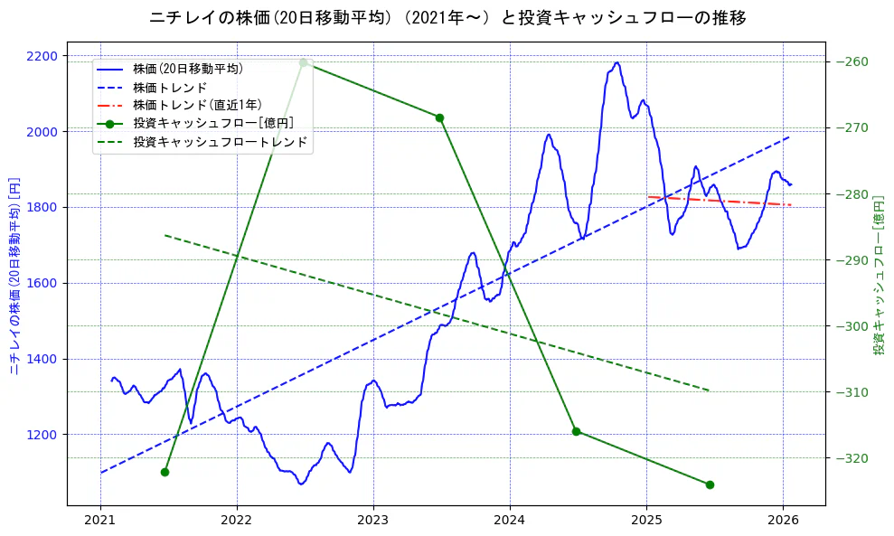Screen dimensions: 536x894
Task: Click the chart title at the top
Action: pyautogui.click(x=447, y=17)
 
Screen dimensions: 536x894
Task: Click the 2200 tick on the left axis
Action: pyautogui.click(x=42, y=56)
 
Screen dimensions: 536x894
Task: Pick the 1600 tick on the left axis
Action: pyautogui.click(x=42, y=283)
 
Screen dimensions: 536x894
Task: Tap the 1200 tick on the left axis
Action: pyautogui.click(x=42, y=435)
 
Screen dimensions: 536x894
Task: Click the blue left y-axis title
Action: pyautogui.click(x=14, y=276)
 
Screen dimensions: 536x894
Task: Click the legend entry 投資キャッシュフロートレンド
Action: pyautogui.click(x=220, y=142)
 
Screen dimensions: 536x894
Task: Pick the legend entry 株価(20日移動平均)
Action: pyautogui.click(x=187, y=68)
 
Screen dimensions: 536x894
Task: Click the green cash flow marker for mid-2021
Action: pyautogui.click(x=165, y=472)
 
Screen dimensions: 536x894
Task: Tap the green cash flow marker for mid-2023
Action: pyautogui.click(x=439, y=118)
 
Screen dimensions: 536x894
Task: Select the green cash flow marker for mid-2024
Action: pyautogui.click(x=576, y=431)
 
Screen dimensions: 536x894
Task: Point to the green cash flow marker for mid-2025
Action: pyautogui.click(x=710, y=484)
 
